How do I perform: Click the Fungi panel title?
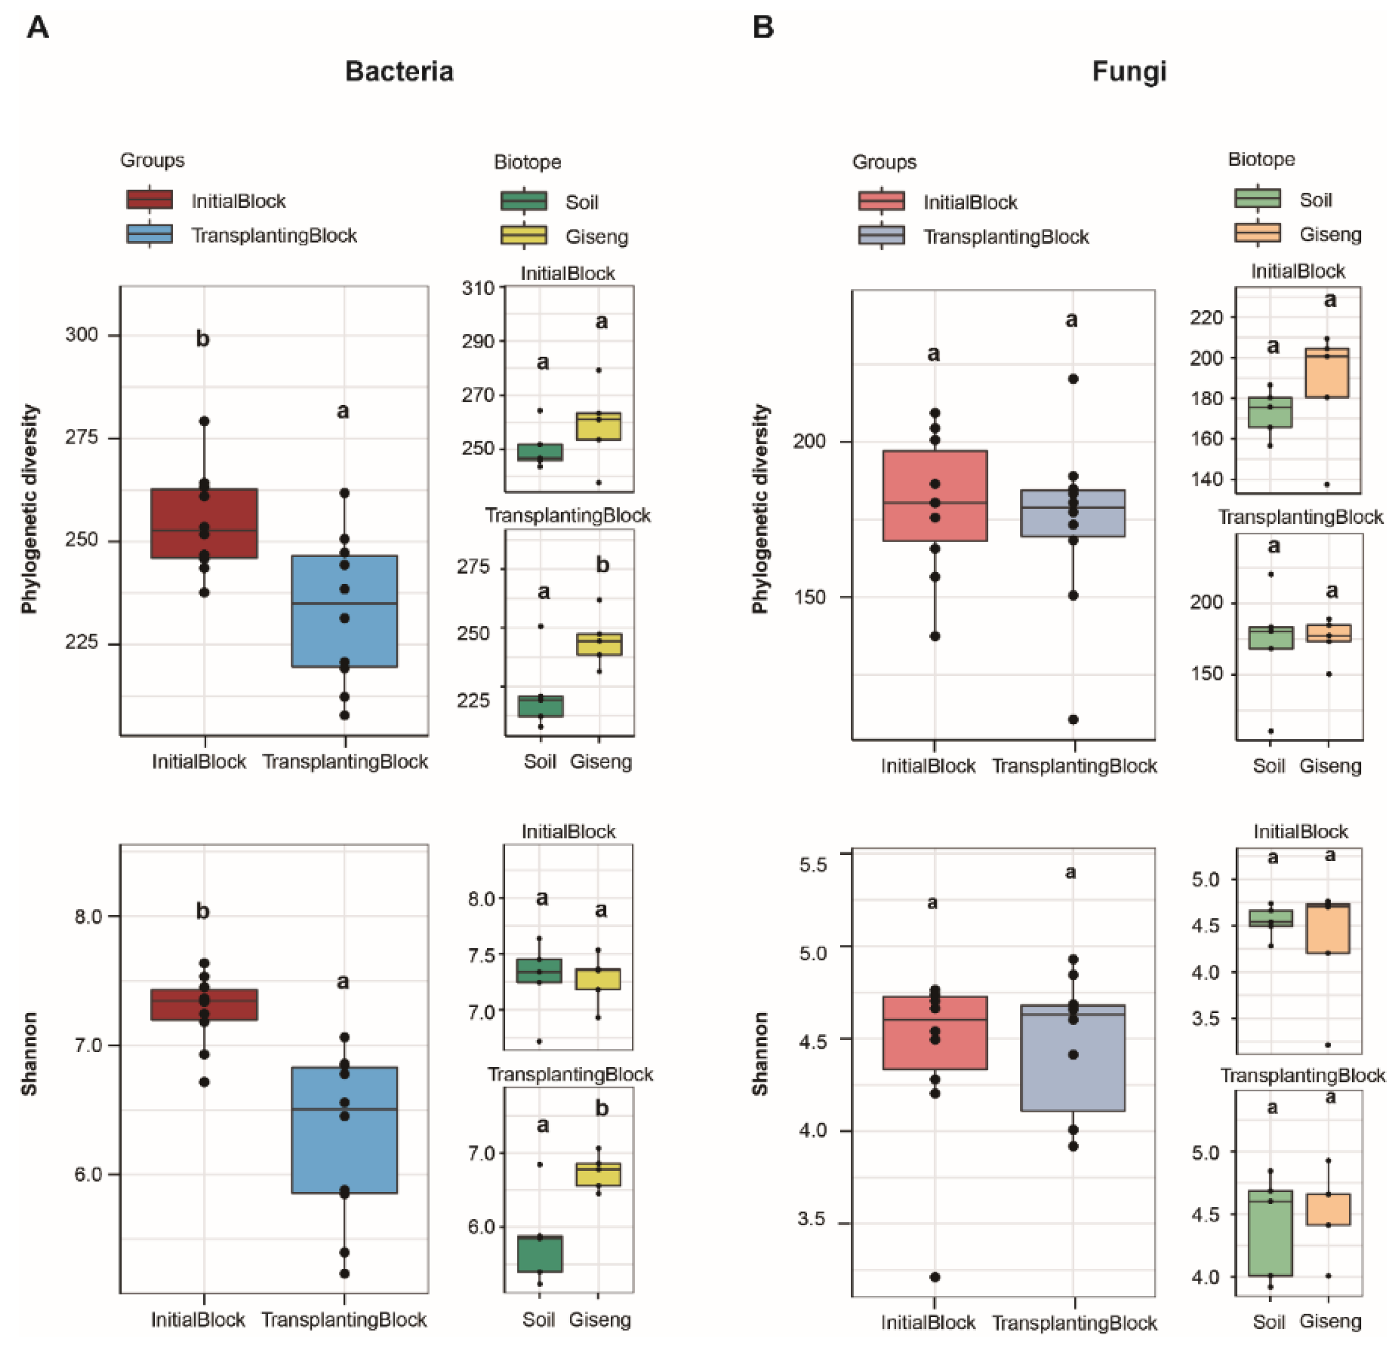coord(1129,71)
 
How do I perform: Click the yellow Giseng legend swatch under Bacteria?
coord(523,235)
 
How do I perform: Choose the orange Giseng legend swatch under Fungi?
coord(1257,233)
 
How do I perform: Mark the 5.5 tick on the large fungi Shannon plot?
coord(813,864)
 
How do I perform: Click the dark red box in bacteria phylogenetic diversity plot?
coord(204,523)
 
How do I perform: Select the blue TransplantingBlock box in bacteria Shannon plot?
coord(344,1130)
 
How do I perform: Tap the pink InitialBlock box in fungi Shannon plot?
coord(934,1033)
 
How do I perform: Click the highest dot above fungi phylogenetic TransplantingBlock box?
coord(1073,379)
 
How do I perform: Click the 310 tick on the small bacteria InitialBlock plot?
coord(478,288)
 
